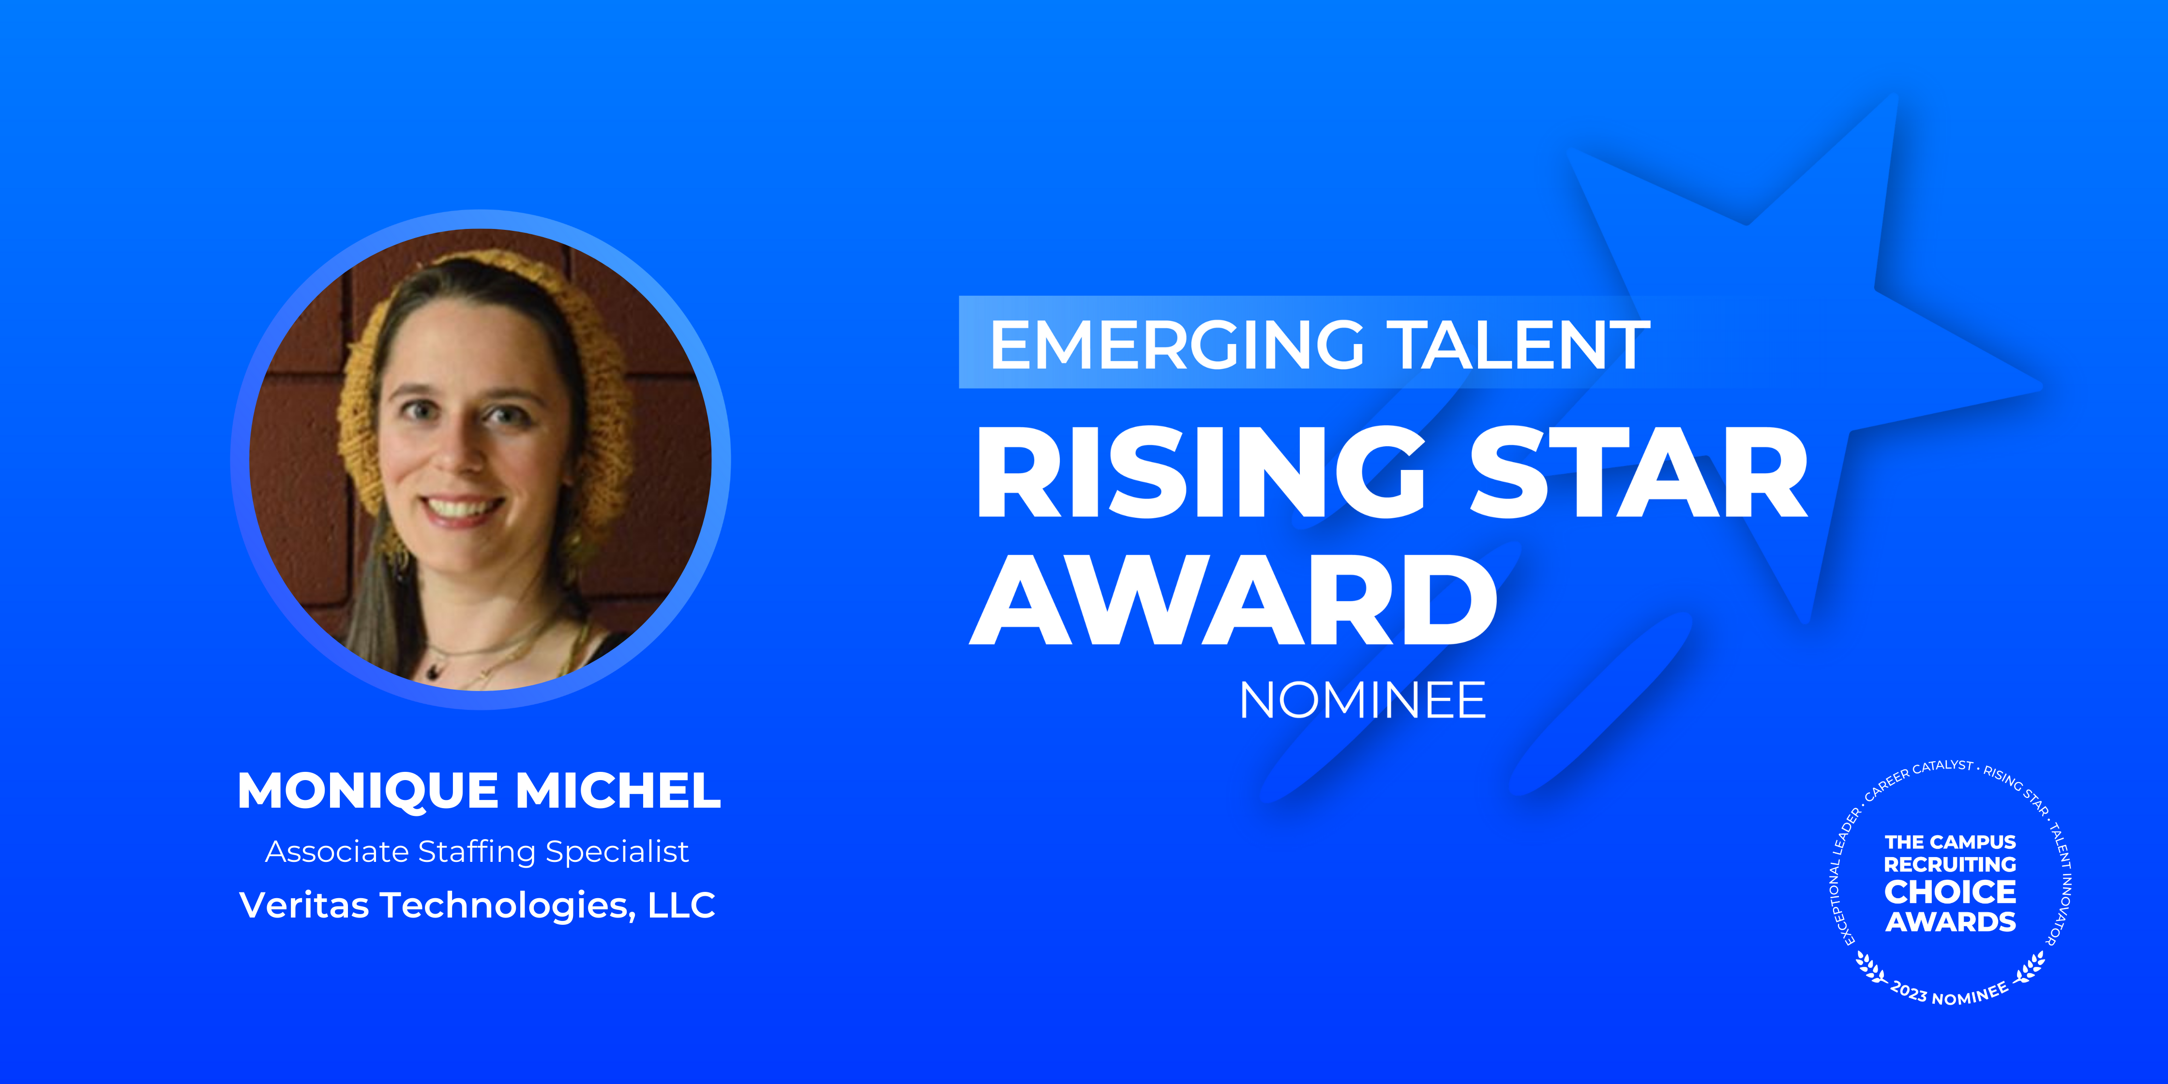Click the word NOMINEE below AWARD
1363,700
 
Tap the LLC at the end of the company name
682,905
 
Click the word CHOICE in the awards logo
1950,891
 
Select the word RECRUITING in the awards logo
1950,864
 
